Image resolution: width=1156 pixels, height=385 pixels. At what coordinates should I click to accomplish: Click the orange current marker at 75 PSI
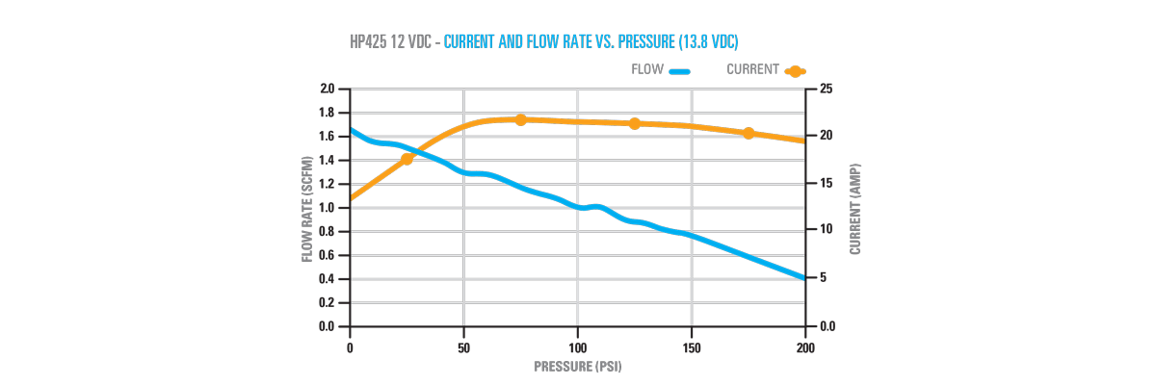520,119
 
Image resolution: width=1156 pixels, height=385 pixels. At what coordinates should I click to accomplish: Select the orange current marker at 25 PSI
407,158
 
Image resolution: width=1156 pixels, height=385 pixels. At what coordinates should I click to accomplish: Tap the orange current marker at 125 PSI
634,123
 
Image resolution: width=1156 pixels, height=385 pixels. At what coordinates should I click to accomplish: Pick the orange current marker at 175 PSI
749,133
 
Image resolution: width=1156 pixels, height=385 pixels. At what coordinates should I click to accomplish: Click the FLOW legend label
647,70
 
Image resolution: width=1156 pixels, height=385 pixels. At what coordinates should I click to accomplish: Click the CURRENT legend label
753,70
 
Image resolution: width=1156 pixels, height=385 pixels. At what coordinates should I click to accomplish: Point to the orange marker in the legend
795,71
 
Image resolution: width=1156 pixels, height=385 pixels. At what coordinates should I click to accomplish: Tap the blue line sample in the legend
680,71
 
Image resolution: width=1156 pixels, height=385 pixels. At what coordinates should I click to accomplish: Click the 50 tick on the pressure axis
464,347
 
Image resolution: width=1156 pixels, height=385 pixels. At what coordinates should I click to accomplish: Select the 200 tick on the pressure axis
805,347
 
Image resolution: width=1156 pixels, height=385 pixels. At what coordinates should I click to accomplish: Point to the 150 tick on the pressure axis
692,347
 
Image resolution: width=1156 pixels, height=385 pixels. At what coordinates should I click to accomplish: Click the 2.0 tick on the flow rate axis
328,89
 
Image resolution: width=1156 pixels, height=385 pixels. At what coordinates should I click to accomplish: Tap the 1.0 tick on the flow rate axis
328,208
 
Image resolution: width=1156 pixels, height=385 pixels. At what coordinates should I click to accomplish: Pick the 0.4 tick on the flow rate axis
328,279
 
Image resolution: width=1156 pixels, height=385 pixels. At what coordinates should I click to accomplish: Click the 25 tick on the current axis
827,89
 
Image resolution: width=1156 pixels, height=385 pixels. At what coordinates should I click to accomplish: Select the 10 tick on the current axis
827,231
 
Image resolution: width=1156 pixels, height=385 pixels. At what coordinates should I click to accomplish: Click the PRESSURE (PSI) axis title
578,367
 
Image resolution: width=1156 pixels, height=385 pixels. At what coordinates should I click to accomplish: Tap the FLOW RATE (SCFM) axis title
307,208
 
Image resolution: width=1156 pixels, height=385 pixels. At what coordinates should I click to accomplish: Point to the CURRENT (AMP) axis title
855,208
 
